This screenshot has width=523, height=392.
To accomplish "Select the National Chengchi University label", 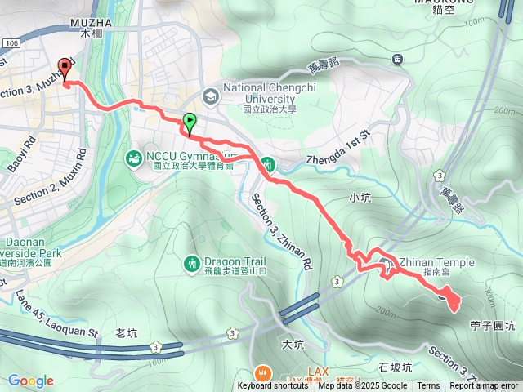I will coord(268,96).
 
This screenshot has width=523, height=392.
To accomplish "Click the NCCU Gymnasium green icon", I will coord(132,156).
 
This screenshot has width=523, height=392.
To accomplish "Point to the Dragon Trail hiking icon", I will coord(192,263).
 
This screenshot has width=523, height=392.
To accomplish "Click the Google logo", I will coord(31,381).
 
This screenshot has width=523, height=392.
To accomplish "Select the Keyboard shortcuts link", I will coord(273,386).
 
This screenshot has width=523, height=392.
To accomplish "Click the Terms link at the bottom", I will coord(428,386).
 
